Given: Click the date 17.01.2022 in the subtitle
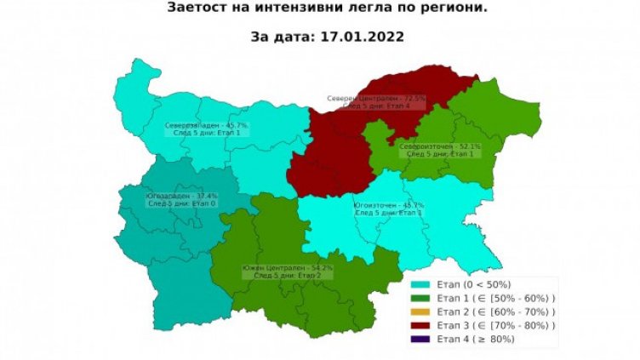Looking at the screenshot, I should (357, 37).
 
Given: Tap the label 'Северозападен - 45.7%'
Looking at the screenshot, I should (200, 125).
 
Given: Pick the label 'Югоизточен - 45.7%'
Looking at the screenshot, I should (388, 205).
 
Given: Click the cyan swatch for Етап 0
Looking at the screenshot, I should (420, 284).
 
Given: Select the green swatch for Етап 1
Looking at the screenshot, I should (420, 298).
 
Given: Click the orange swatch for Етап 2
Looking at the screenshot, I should (420, 311).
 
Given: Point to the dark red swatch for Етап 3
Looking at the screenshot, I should (420, 325).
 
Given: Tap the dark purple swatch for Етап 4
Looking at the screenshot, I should (420, 339).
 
